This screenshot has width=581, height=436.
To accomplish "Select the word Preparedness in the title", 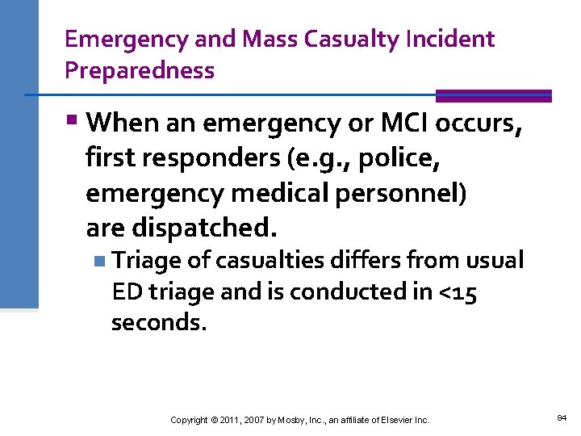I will click(x=140, y=70).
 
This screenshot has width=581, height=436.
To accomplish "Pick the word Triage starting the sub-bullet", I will click(x=147, y=260).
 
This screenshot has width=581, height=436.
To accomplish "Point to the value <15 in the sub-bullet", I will click(x=457, y=291).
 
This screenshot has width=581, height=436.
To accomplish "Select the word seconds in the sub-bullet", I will click(x=159, y=323).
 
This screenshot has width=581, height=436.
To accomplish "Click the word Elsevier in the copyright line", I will click(x=390, y=420).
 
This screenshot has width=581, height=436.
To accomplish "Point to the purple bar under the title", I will click(x=493, y=95).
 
